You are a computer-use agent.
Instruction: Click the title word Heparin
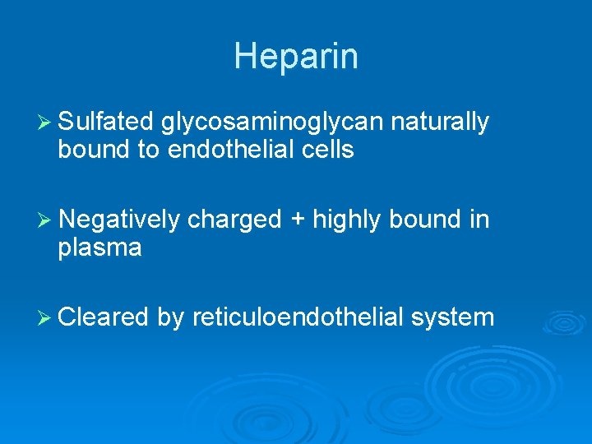[295, 57]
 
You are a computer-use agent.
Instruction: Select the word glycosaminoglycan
[272, 123]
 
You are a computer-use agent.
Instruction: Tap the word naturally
[440, 123]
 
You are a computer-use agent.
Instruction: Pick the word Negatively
[119, 220]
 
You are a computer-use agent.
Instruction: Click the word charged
[234, 220]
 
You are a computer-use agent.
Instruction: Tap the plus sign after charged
[298, 220]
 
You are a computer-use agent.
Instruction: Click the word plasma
[99, 248]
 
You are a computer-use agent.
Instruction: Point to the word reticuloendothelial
[298, 317]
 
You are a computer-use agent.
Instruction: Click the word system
[454, 317]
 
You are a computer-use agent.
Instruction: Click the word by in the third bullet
[170, 317]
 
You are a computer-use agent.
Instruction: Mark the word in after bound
[479, 220]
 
